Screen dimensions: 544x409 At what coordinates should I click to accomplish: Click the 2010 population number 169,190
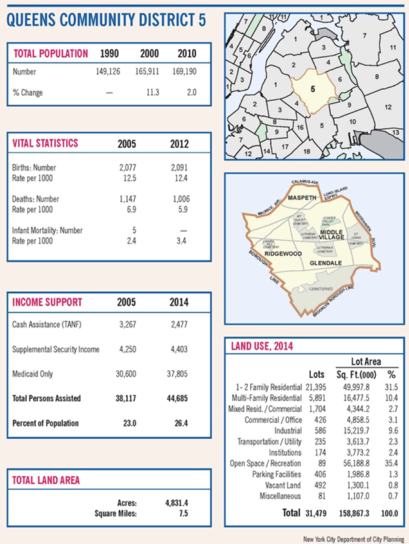(x=184, y=72)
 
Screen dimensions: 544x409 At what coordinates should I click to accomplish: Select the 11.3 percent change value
(x=153, y=93)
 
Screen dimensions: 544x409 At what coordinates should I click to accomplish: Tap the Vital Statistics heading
(x=45, y=143)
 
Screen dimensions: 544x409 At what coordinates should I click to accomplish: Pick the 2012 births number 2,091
(x=180, y=168)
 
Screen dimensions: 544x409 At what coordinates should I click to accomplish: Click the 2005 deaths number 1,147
(x=128, y=199)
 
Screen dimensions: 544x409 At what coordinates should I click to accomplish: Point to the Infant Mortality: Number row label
(x=47, y=230)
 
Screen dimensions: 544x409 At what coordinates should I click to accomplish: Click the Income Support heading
(x=47, y=302)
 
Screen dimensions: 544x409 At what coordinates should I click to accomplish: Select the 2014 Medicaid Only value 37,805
(x=177, y=374)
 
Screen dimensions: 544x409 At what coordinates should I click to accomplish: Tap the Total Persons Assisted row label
(x=47, y=398)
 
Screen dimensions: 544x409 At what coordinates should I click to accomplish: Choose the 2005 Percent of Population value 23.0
(x=129, y=423)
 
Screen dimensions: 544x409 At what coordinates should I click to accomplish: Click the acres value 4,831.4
(x=177, y=503)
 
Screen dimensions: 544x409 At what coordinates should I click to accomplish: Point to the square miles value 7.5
(x=183, y=513)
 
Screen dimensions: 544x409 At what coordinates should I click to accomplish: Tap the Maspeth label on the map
(x=302, y=198)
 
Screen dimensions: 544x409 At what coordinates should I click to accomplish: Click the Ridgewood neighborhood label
(x=283, y=254)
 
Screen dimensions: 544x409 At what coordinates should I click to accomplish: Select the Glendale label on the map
(x=326, y=263)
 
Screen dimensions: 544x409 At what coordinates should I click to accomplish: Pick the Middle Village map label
(x=332, y=234)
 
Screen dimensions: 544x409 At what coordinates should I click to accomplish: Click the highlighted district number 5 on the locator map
(x=313, y=89)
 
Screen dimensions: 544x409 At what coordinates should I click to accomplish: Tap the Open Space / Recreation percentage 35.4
(x=391, y=463)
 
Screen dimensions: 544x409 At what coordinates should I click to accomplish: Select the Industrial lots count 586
(x=320, y=431)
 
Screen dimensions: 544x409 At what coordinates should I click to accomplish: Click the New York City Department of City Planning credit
(x=353, y=539)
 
